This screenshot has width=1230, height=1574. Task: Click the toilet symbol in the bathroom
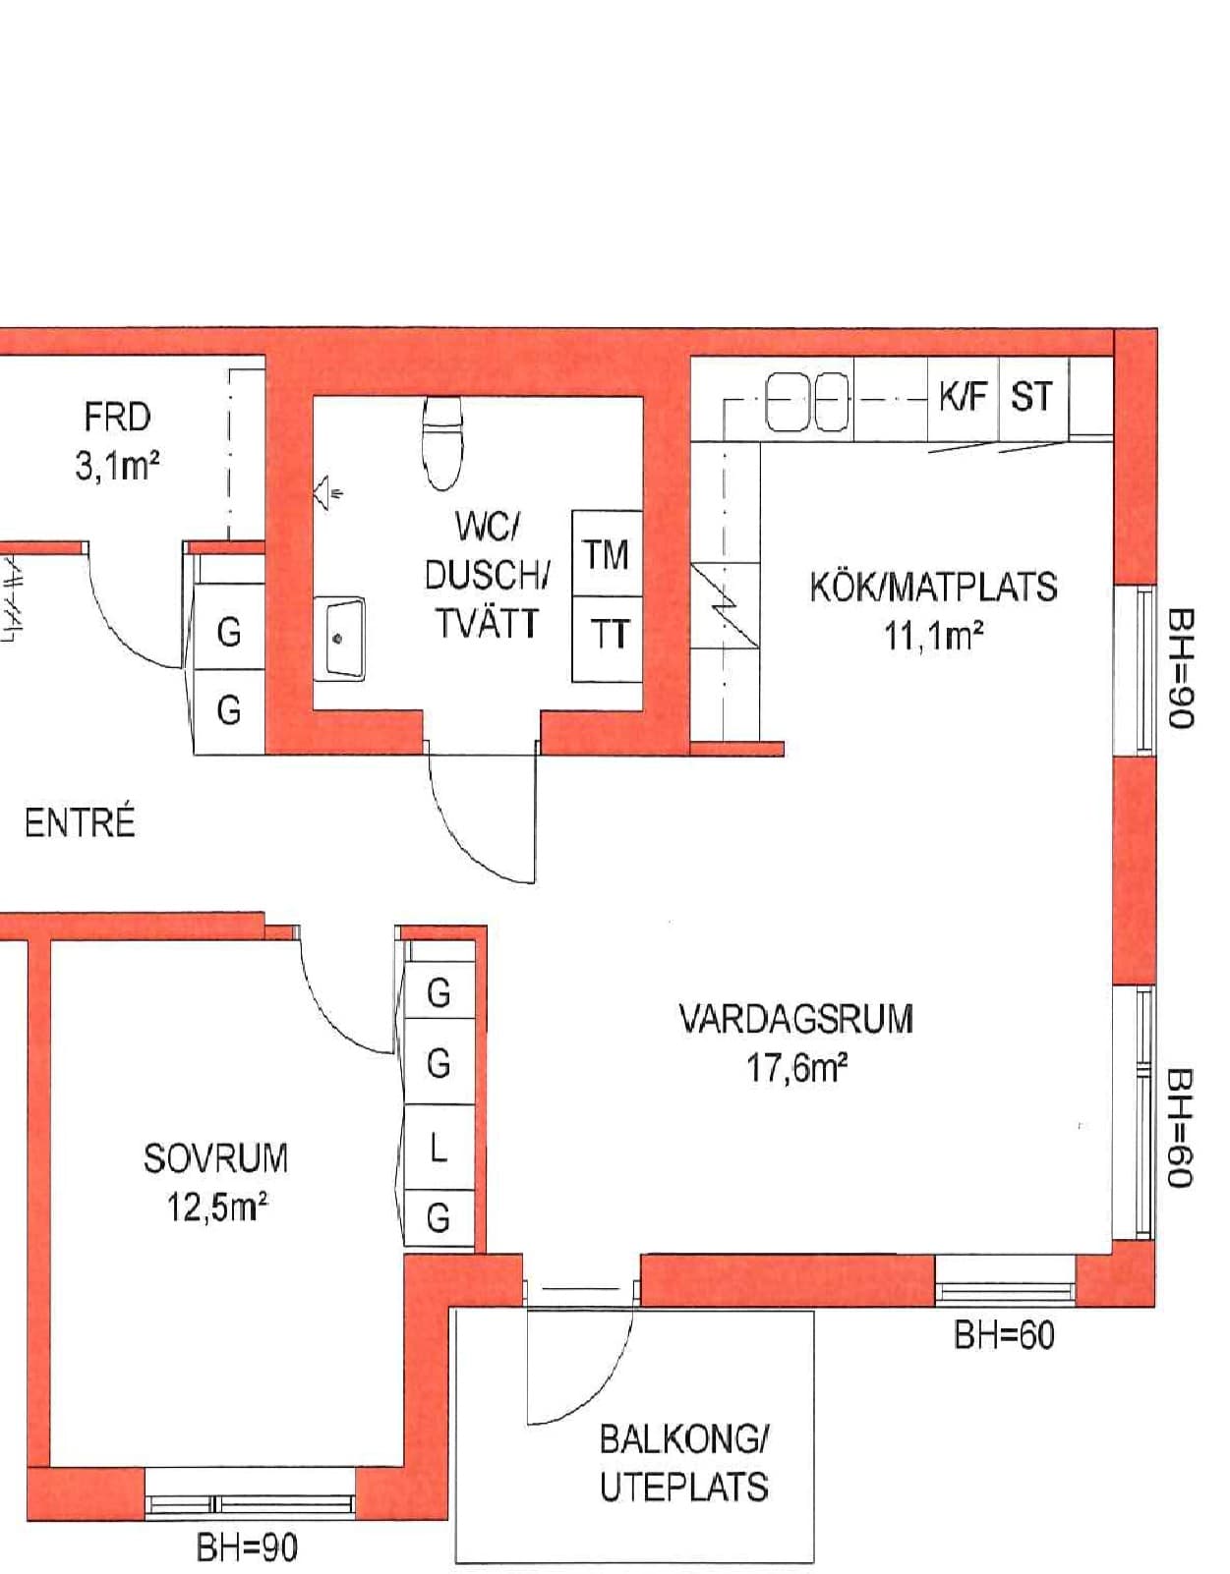(x=441, y=442)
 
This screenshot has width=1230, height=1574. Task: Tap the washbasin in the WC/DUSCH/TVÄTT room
(x=339, y=638)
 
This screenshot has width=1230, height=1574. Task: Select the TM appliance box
(x=607, y=554)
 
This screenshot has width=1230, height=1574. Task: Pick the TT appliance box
(x=607, y=639)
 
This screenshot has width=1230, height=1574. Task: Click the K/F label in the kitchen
(x=964, y=397)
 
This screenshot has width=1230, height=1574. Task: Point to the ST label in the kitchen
(x=1031, y=397)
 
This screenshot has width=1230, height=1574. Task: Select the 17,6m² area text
(x=797, y=1069)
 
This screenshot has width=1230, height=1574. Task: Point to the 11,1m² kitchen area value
(x=933, y=637)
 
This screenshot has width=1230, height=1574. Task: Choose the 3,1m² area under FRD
(x=117, y=467)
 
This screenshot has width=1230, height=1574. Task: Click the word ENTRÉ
(x=80, y=823)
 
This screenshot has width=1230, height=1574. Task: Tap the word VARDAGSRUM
(x=796, y=1019)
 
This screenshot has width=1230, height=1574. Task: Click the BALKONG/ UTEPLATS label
(x=683, y=1464)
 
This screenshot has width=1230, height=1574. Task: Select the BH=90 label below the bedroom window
(x=247, y=1549)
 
